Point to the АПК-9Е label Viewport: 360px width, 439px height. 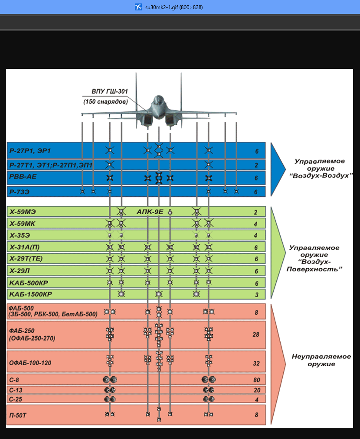[x=150, y=212]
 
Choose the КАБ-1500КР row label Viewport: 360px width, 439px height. [x=30, y=295]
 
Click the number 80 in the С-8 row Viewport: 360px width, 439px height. [x=256, y=380]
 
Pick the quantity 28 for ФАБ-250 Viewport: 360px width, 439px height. [x=256, y=335]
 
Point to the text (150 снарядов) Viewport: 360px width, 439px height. [x=105, y=102]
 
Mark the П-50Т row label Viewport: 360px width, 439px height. [x=20, y=415]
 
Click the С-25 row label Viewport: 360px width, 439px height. [x=16, y=399]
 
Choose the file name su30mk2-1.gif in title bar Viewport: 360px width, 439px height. [x=174, y=7]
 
